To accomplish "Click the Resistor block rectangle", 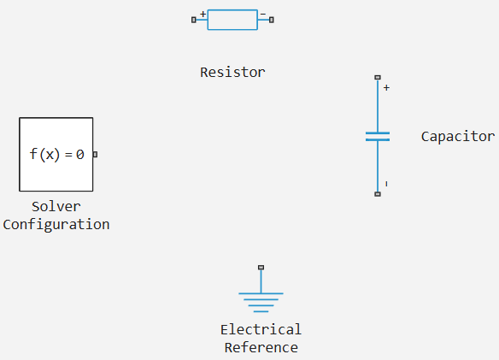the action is pos(232,20).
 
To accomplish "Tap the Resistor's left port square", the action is pos(194,20).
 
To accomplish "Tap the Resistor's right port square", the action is pos(272,20).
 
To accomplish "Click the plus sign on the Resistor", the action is pos(203,14).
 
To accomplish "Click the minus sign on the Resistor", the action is pos(263,14).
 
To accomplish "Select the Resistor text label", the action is pos(232,73).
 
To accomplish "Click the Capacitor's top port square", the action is pos(378,78).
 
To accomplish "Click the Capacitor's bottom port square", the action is pos(378,194).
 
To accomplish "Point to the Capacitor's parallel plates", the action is pos(378,136).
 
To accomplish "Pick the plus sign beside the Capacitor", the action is pos(386,87).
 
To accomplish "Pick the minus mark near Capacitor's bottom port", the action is pos(386,184).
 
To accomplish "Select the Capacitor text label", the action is pos(458,137).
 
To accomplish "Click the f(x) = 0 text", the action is pos(56,155).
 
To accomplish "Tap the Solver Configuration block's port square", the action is pos(95,155).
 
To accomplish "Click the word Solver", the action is pos(56,207).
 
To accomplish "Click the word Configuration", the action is pos(56,225).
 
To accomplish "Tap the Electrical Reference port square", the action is pos(261,268).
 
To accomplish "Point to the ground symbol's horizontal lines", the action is pos(261,303).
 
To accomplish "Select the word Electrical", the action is pos(261,329).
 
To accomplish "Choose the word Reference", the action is pos(261,347).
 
